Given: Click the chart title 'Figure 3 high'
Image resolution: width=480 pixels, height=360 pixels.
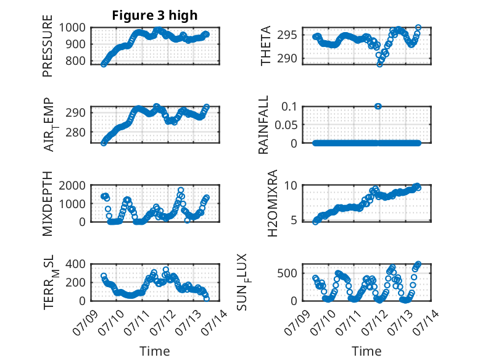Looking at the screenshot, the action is tap(155, 15).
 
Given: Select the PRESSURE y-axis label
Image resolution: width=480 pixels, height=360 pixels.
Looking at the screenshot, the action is tap(48, 46).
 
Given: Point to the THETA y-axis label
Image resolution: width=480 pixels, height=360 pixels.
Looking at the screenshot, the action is tap(266, 46).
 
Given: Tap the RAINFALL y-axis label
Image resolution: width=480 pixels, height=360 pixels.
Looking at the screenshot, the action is tap(263, 125).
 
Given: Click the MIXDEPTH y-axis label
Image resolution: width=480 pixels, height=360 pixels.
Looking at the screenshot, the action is tap(48, 204).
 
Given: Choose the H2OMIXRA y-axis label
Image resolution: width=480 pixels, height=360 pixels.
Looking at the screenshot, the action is tap(272, 203).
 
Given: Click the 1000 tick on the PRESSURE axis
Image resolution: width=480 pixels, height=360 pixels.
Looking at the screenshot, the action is tap(72, 28).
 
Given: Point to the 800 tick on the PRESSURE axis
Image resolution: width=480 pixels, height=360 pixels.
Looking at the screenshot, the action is tap(76, 61).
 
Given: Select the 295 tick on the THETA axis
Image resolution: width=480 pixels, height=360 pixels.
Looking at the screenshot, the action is tap(287, 35).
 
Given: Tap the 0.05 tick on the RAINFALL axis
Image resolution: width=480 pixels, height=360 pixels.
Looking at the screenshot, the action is tap(286, 125).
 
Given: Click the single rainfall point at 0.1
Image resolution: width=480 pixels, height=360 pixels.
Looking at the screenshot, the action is tap(378, 106).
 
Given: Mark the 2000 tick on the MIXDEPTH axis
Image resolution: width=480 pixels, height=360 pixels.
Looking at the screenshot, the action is tap(72, 185).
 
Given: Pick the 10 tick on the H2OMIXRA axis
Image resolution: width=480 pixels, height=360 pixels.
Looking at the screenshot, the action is tap(291, 185).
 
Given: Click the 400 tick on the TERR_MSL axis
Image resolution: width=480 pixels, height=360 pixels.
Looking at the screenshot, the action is tap(76, 264).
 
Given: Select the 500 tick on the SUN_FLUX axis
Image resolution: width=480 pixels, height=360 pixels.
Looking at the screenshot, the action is tap(287, 273).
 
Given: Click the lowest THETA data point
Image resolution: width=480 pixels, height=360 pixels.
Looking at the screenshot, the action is tap(379, 64).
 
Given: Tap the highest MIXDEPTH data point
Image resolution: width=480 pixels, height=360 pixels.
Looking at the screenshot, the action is tap(181, 190).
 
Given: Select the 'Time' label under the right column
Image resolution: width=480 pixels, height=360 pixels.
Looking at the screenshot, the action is tap(366, 351).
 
